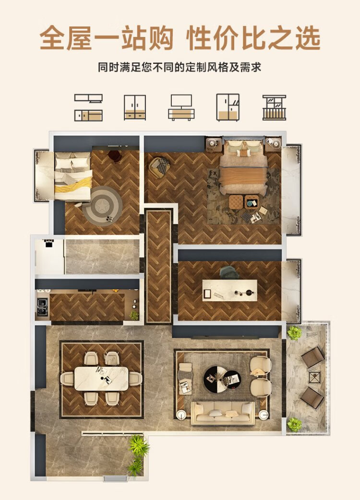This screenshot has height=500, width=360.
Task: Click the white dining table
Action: point(102,378)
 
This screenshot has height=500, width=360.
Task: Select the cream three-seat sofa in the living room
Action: point(223,413)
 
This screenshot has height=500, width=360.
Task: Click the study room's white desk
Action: point(230,290)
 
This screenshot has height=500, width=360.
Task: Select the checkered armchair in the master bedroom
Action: point(161,166)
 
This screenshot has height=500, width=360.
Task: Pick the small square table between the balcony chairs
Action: point(314,378)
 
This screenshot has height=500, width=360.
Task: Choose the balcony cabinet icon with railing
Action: point(274,108)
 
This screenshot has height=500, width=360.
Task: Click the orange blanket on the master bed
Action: point(243,180)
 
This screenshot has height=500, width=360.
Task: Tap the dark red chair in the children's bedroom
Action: point(114,156)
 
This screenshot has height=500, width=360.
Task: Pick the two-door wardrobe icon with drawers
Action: point(135,108)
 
